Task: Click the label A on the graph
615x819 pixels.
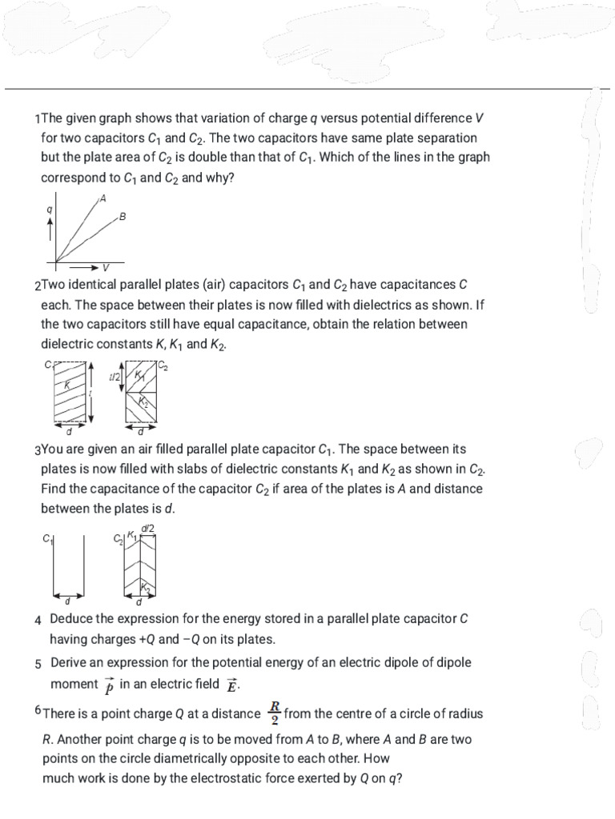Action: pos(102,198)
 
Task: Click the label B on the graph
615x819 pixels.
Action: pos(123,216)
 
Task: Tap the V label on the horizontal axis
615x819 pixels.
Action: pos(106,267)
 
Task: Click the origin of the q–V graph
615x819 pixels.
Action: pos(55,261)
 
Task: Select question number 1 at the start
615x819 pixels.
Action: pos(38,118)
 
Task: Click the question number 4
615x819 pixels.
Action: pos(38,620)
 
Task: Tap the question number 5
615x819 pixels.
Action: pos(38,663)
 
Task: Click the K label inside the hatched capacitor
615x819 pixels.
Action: pos(67,385)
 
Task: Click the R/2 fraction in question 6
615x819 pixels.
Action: pos(274,711)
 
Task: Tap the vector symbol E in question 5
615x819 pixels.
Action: pos(232,685)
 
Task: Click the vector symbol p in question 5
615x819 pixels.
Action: pos(109,686)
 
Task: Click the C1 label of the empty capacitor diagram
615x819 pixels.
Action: pos(46,540)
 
